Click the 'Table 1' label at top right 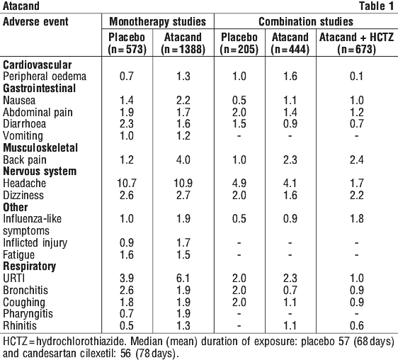coord(377,6)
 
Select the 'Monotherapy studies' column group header coord(158,21)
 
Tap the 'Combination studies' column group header coord(306,21)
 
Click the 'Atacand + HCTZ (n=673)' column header coord(357,43)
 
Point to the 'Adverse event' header coord(35,21)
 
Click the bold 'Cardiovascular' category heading coord(38,64)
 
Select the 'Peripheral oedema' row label coord(45,77)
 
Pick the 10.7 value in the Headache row coord(127,183)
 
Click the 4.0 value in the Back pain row coord(183,159)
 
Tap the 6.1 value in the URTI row coord(183,279)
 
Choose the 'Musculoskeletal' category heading coord(40,147)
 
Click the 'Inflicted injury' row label coord(35,243)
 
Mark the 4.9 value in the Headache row coord(239,183)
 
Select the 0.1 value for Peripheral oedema coord(356,77)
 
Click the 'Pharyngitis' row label coord(28,314)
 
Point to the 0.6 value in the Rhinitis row coord(357,326)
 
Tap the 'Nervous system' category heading coord(40,171)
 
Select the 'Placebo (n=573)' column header coord(127,43)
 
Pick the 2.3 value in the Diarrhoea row coord(127,124)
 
